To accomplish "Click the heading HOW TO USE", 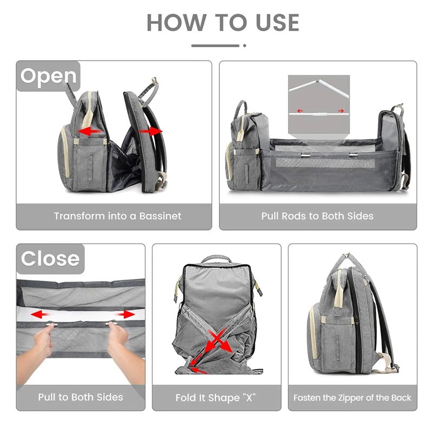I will click(x=222, y=22).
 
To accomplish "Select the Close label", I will click(x=50, y=258).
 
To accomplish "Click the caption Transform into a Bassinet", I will click(x=117, y=215).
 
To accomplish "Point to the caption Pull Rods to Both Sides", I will click(x=317, y=215).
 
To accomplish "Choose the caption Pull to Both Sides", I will click(x=81, y=397).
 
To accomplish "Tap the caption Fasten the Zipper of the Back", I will click(x=352, y=397).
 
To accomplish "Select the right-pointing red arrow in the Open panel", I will click(x=151, y=130).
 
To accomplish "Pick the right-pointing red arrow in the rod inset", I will click(x=340, y=111).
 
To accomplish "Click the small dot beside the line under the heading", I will click(x=244, y=46).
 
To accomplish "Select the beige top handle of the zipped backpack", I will click(x=339, y=279).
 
